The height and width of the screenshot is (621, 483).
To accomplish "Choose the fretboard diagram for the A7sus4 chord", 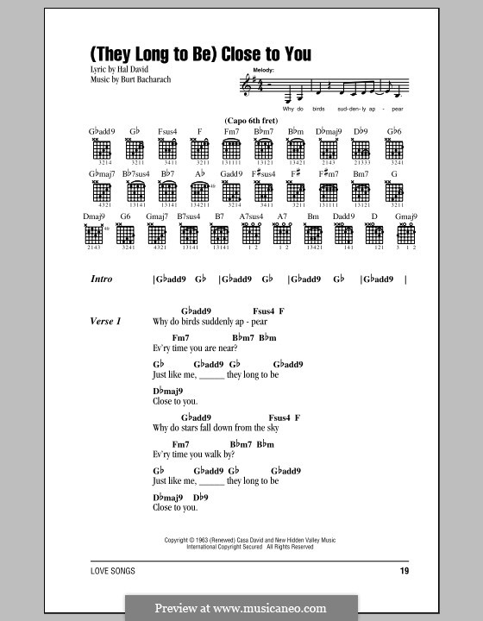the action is pos(250,233).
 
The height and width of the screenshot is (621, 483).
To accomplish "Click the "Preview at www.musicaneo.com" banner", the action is pos(241,607).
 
